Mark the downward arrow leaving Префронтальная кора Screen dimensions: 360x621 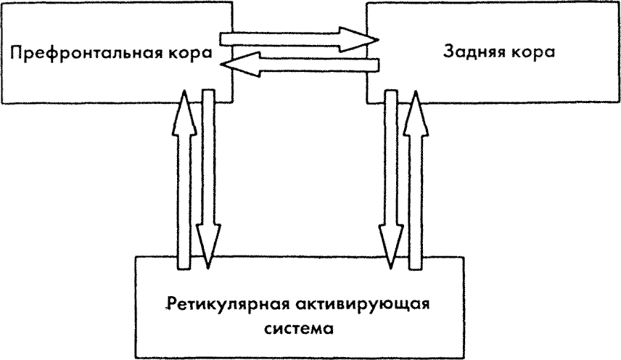(207, 174)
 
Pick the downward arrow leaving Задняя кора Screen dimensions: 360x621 (392, 174)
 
